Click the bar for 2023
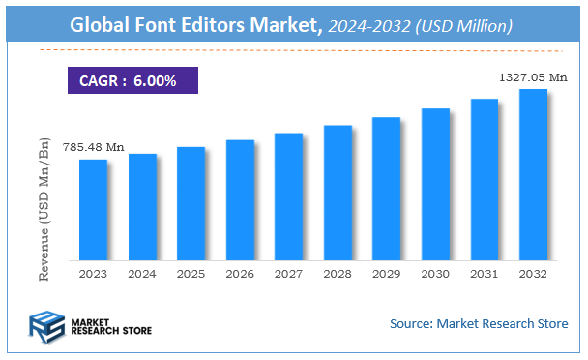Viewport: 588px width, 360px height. pos(93,209)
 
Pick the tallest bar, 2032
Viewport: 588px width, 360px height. pos(533,174)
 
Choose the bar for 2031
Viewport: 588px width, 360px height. pos(485,179)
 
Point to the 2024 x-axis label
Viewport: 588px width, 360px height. pos(142,274)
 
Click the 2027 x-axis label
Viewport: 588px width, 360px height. pos(288,274)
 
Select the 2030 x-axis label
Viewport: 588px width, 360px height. pos(435,274)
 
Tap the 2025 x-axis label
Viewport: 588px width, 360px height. pos(191,274)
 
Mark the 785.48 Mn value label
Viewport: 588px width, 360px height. pos(94,147)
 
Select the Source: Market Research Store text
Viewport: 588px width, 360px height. pos(479,323)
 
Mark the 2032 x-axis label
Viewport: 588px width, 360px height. pos(533,274)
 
